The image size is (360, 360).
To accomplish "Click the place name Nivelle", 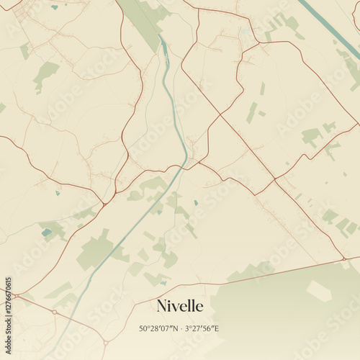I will tap(180, 306).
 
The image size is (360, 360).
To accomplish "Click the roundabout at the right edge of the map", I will tap(344, 258).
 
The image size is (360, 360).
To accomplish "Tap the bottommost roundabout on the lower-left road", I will tap(105, 341).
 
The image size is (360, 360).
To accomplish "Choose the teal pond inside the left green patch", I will tap(47, 232).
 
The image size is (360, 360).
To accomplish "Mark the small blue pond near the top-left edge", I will tap(55, 7).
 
